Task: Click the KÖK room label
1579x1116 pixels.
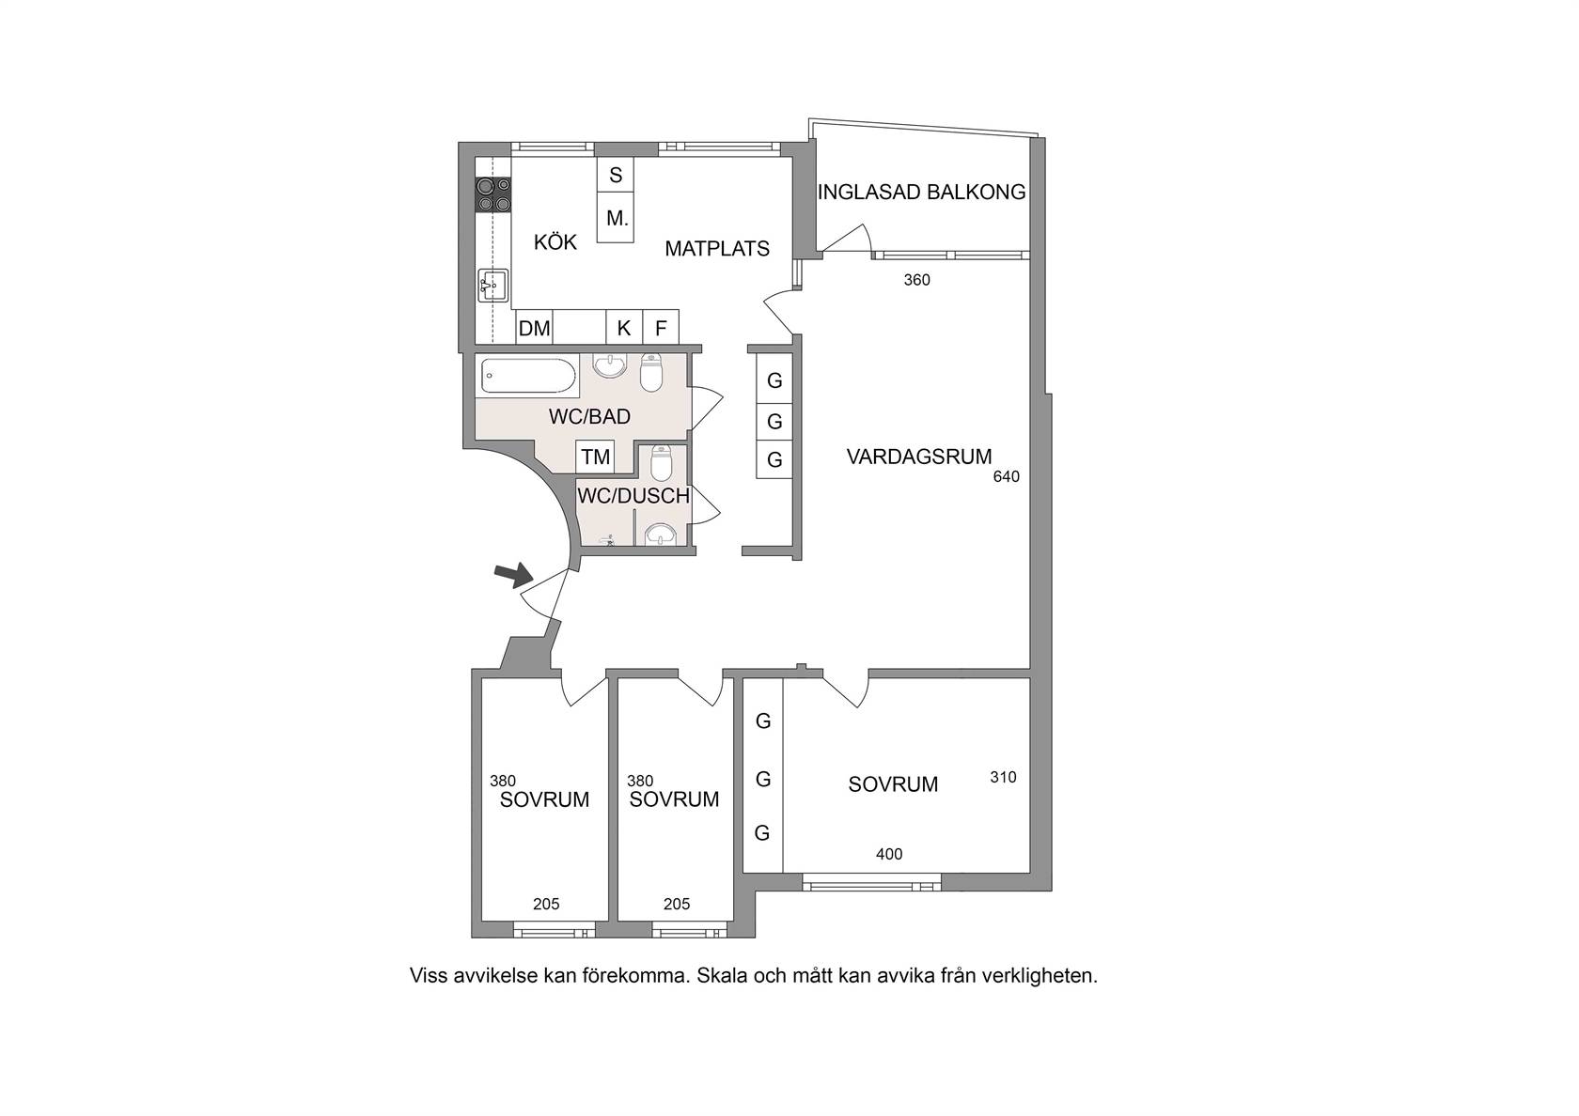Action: (x=555, y=242)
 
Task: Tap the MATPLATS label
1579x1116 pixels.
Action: (x=717, y=249)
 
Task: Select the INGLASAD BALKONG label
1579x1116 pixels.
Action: (x=921, y=192)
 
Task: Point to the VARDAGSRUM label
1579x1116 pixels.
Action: (x=918, y=457)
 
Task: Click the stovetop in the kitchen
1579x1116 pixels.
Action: (x=493, y=194)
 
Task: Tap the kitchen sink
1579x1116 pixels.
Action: (x=492, y=286)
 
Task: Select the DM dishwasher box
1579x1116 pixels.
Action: (x=534, y=328)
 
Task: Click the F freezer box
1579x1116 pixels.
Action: (x=661, y=328)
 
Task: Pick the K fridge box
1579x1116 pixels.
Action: (x=624, y=328)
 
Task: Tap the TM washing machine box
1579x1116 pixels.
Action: (x=596, y=457)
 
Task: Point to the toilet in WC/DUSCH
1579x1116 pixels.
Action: (x=662, y=463)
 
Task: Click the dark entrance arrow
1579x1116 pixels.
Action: (x=512, y=574)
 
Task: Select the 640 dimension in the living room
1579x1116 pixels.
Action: (x=1006, y=477)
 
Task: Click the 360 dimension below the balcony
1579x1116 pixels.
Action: (x=917, y=280)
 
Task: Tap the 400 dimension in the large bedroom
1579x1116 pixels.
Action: (x=889, y=855)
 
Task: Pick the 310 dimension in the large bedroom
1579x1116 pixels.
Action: (x=1003, y=778)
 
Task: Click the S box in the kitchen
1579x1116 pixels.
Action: (x=616, y=175)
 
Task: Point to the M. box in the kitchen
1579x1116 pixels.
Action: (x=616, y=218)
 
